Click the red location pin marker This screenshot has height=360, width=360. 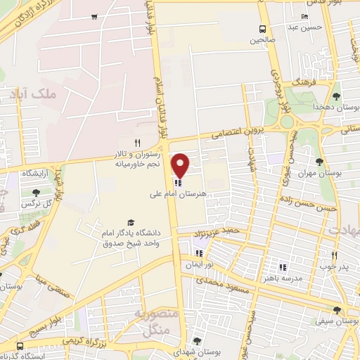[x=181, y=166]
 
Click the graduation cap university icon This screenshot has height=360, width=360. [x=129, y=222]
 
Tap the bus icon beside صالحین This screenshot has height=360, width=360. [x=262, y=29]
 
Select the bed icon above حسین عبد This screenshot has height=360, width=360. [x=304, y=17]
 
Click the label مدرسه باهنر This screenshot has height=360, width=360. [x=283, y=278]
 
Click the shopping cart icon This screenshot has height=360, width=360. [x=94, y=16]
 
